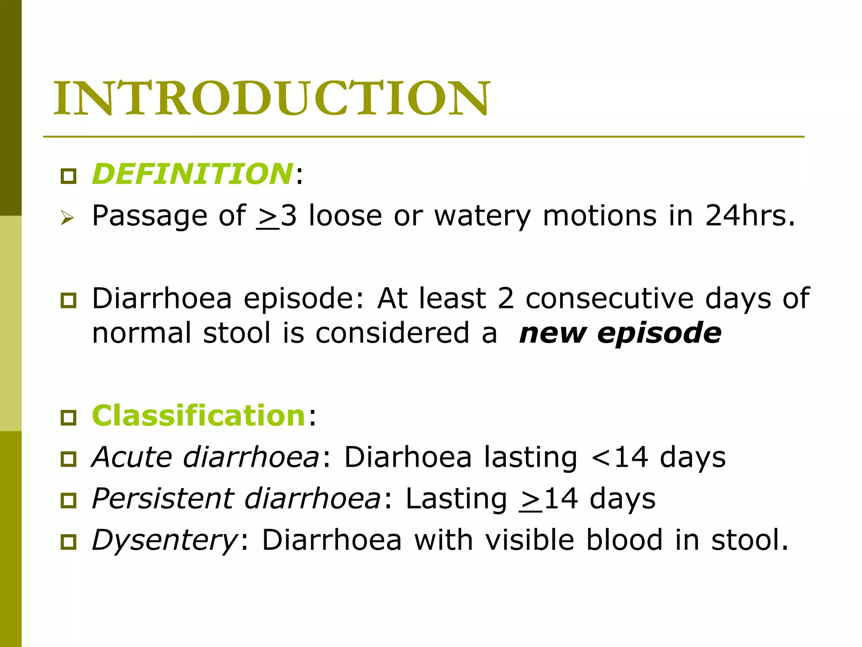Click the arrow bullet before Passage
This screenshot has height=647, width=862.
pyautogui.click(x=67, y=218)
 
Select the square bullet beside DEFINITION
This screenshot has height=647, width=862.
pyautogui.click(x=68, y=176)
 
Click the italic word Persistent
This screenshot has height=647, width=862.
pyautogui.click(x=162, y=499)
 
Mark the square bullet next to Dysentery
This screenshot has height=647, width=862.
pyautogui.click(x=68, y=542)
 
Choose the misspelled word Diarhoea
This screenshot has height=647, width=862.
pyautogui.click(x=407, y=457)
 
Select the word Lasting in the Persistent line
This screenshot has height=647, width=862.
pyautogui.click(x=456, y=499)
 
